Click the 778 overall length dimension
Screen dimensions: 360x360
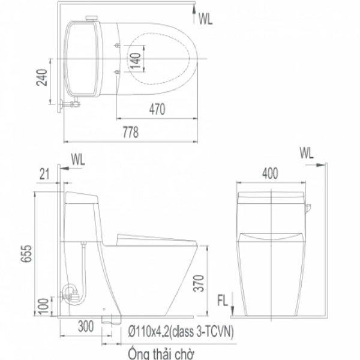[131, 132]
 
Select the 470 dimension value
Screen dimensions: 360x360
[157, 109]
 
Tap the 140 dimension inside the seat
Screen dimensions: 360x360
[135, 61]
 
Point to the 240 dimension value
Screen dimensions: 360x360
[42, 77]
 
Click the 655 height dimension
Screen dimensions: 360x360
[26, 253]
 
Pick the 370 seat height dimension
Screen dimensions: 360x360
[199, 283]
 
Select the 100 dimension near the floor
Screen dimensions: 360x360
[43, 306]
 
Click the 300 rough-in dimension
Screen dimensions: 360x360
[86, 326]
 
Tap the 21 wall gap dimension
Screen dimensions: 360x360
[44, 174]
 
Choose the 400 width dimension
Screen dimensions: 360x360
[270, 173]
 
